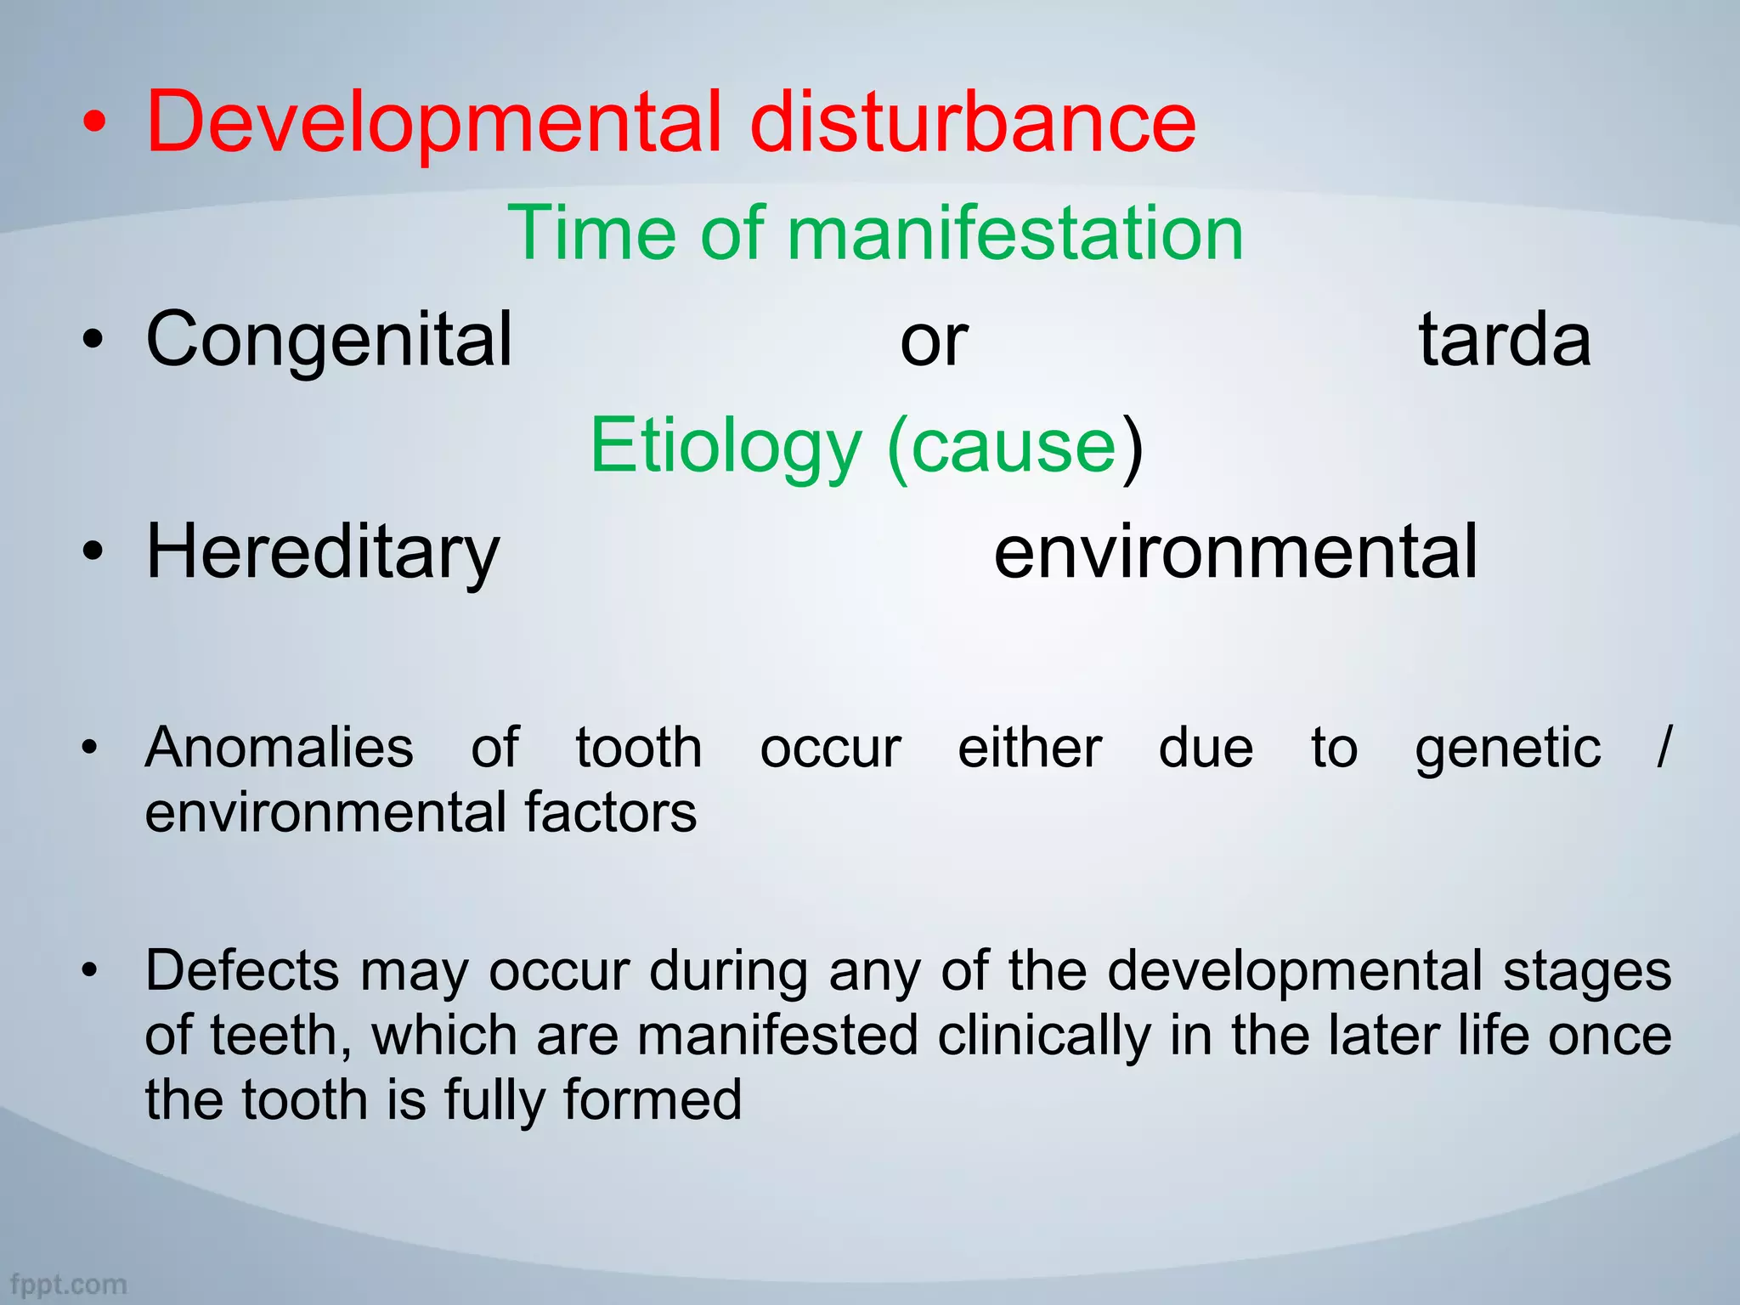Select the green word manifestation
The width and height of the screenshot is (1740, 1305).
pyautogui.click(x=1015, y=234)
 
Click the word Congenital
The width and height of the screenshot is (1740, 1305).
pyautogui.click(x=330, y=340)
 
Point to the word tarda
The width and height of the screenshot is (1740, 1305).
pyautogui.click(x=1504, y=340)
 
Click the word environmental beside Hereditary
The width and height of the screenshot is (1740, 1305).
pyautogui.click(x=1235, y=552)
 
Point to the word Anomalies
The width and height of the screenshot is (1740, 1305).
pyautogui.click(x=280, y=749)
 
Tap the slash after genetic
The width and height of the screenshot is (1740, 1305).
pyautogui.click(x=1663, y=748)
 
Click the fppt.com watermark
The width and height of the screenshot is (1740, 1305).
pyautogui.click(x=68, y=1284)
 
